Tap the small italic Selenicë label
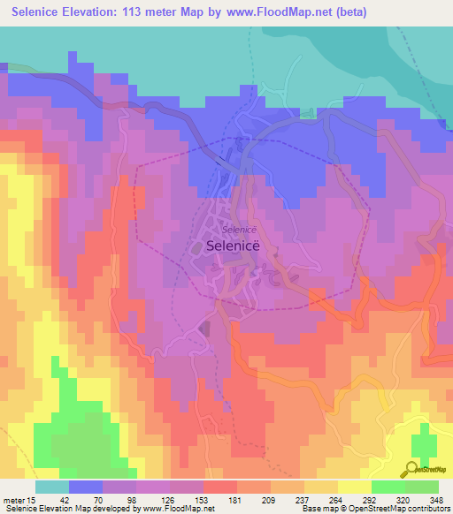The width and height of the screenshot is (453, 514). [x=227, y=230]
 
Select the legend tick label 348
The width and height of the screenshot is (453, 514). [x=433, y=499]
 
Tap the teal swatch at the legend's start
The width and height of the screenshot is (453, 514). [x=51, y=487]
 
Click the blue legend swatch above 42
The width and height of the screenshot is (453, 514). [x=85, y=487]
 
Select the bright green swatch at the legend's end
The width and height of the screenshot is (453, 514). [x=421, y=487]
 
